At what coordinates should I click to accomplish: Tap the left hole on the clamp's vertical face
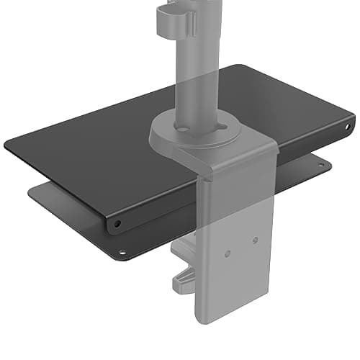click(229, 253)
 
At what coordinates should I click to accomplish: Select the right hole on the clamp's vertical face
click(255, 240)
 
